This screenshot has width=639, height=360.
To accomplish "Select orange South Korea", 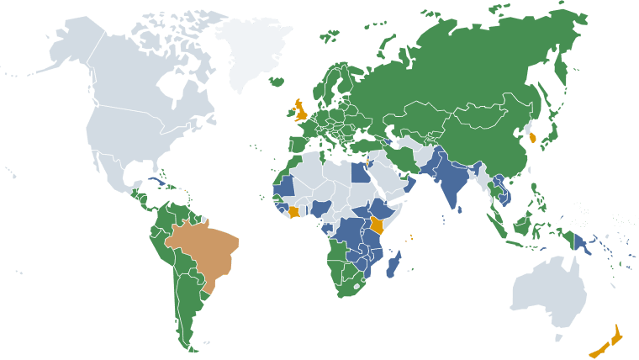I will point(534,134).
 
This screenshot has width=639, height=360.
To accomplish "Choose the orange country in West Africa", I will point(293,211).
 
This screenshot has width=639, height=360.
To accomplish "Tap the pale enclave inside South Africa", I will point(360,286).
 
